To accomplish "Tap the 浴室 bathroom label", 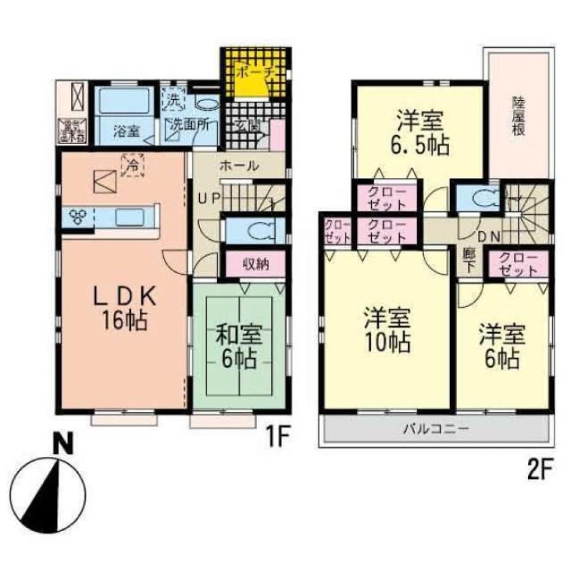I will tap(126, 131).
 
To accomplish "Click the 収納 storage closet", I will tap(255, 264).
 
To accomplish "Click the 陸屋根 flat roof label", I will tap(518, 116).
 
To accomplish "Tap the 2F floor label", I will tap(537, 471).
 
